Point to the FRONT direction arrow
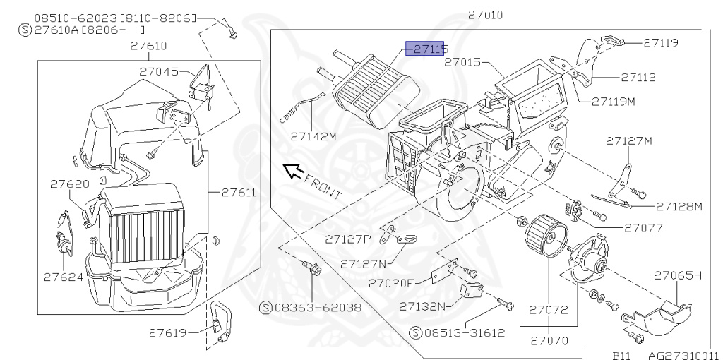tap(292, 170)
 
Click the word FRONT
tap(324, 186)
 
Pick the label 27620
tap(69, 184)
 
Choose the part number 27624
tap(64, 277)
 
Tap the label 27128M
tap(679, 206)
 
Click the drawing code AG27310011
tap(683, 355)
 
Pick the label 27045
tap(159, 71)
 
